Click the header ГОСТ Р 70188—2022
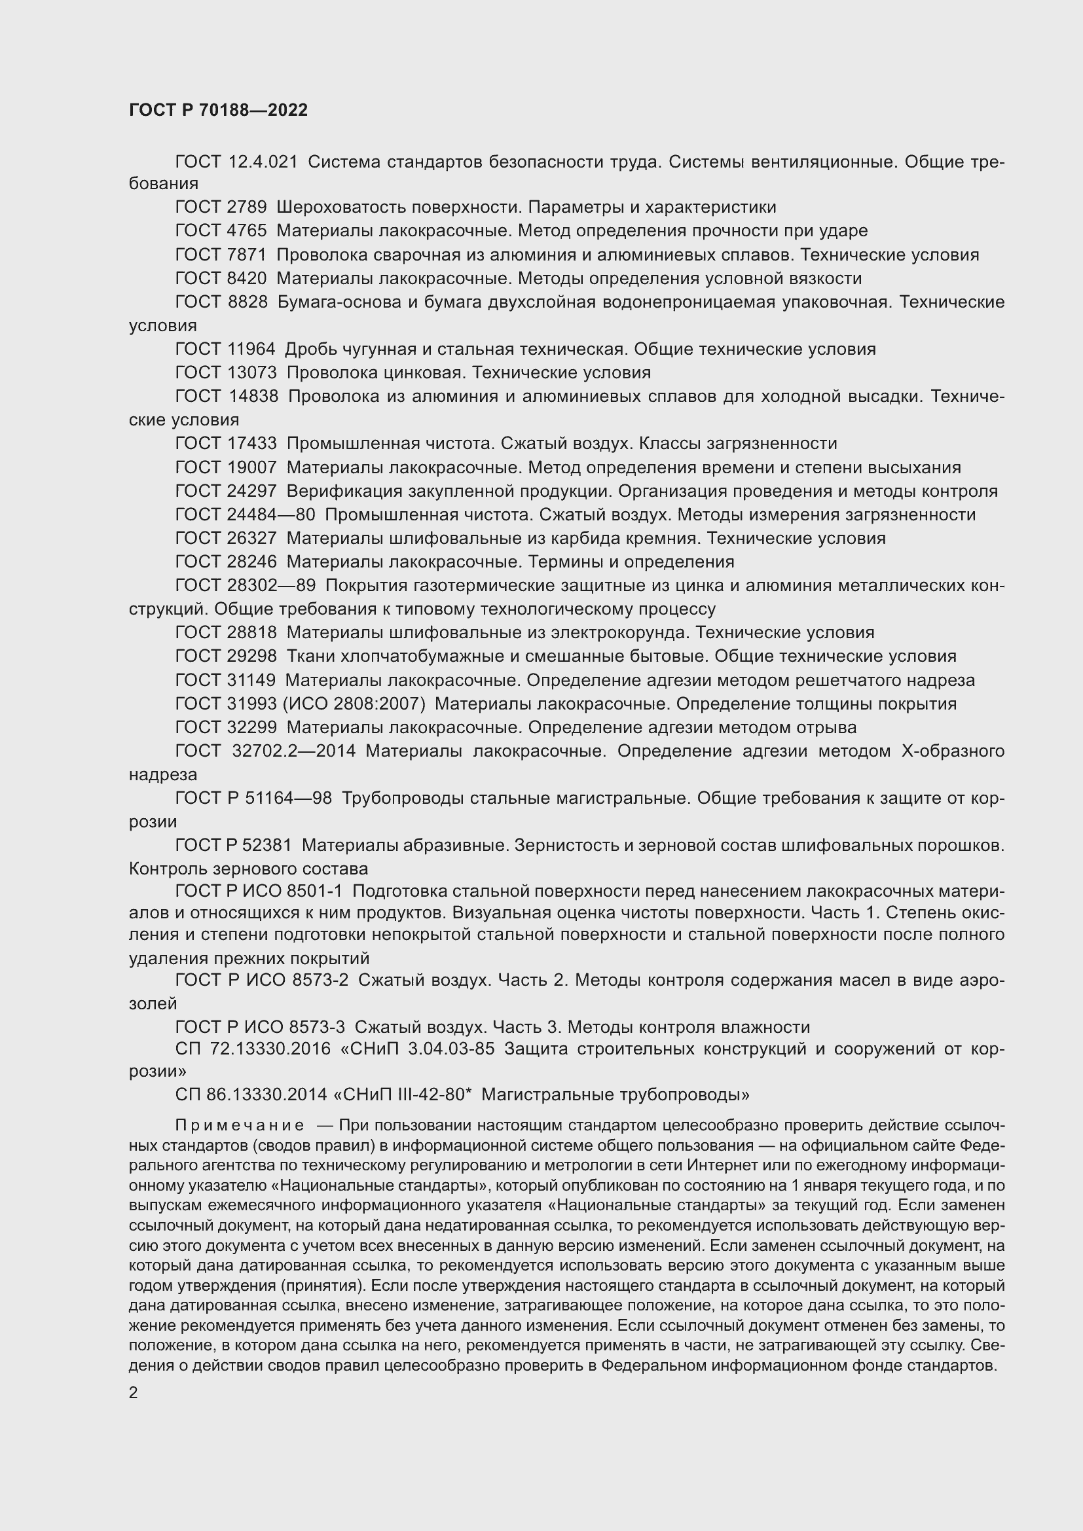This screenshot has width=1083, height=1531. pos(218,110)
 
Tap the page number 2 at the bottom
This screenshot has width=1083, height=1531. pos(134,1392)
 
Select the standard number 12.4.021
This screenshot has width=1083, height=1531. pos(263,162)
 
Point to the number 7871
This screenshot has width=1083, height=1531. pos(247,255)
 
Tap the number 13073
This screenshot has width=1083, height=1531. pos(252,372)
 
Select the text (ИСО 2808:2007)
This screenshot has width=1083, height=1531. pos(354,704)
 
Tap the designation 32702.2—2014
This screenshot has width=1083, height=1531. pos(294,751)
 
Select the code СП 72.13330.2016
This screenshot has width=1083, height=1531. pos(253,1049)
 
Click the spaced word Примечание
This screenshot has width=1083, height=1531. pos(240,1126)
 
